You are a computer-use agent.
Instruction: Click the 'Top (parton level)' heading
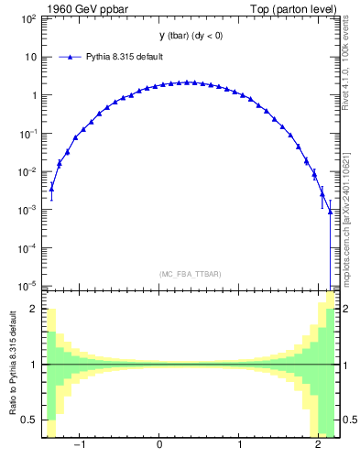pos(298,9)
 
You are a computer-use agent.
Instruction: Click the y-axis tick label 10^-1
pos(29,133)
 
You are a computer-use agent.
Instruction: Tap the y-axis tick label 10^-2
pos(29,171)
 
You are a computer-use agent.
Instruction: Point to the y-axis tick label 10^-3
pos(29,210)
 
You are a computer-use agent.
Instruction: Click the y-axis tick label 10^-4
pos(29,248)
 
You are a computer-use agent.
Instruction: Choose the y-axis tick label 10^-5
pos(29,285)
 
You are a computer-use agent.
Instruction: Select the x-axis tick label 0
pos(160,446)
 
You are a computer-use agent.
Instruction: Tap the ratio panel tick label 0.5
pos(29,420)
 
